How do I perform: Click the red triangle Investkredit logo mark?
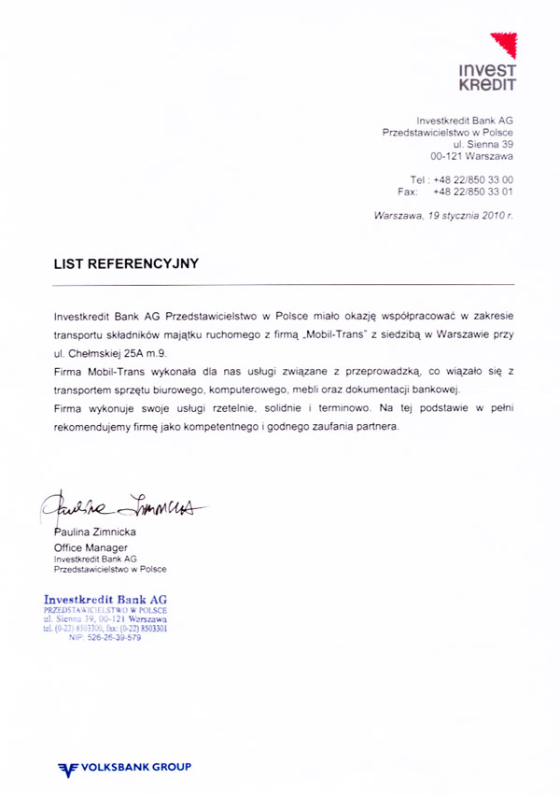coord(503,46)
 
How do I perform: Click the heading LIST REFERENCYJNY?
coord(126,263)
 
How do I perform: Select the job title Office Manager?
coord(91,547)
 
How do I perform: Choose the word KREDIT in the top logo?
coord(487,83)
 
